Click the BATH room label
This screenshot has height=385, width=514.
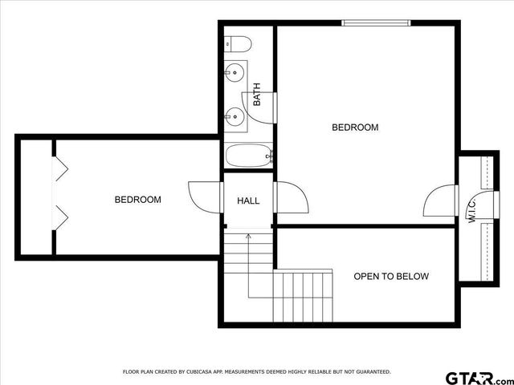(257, 95)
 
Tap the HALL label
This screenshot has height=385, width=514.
(248, 200)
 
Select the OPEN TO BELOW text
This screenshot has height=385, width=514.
(391, 277)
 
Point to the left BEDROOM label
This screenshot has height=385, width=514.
(137, 200)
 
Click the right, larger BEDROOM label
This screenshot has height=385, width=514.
(355, 128)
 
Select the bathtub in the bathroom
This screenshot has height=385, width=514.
(249, 156)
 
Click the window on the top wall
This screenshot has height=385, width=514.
(377, 22)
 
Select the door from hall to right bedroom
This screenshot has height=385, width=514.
(290, 198)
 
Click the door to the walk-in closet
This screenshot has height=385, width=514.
(440, 201)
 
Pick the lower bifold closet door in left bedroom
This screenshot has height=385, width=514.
(59, 214)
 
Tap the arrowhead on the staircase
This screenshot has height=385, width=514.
(249, 236)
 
